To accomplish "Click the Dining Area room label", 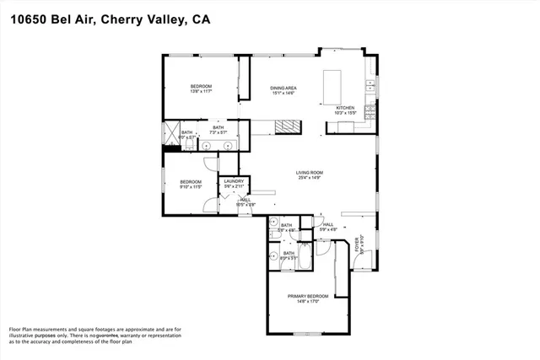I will [x=283, y=88].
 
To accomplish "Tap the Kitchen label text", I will [x=346, y=108].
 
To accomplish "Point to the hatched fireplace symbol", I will [x=288, y=126].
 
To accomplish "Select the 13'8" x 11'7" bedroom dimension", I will [x=200, y=92].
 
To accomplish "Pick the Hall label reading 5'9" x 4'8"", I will [x=328, y=226].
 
